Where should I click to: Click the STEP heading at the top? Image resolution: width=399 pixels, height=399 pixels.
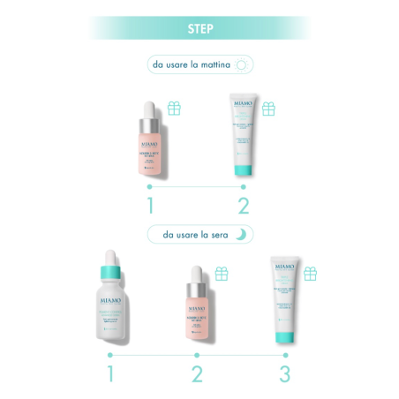pos(199,27)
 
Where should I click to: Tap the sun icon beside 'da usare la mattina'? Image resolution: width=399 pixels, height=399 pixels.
pos(243,64)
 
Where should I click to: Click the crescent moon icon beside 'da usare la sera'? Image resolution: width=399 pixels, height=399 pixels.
pos(242,235)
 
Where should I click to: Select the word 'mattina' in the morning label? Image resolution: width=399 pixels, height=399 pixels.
pos(214,64)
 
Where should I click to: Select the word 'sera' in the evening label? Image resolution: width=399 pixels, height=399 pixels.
pos(219,235)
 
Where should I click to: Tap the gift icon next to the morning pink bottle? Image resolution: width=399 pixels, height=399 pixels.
pos(175,109)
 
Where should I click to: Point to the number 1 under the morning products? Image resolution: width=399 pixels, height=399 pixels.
pos(150,206)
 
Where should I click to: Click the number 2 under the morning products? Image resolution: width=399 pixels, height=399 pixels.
pos(244,206)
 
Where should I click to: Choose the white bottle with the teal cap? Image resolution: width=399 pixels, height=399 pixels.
pos(112,305)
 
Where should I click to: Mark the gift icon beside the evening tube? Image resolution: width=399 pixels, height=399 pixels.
pos(310,274)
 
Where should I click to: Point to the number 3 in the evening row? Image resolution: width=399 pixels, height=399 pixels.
pos(284,373)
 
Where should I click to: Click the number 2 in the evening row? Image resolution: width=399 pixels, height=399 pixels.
pos(198,373)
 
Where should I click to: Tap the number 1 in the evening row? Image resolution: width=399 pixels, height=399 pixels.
pos(111,373)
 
